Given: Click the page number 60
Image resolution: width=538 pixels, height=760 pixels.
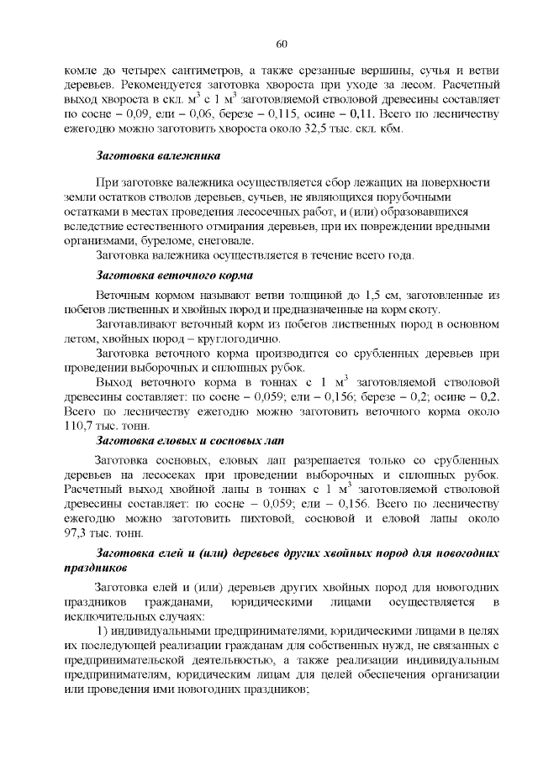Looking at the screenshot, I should point(282,45).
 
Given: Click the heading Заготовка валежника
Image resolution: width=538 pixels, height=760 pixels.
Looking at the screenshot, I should point(159,157).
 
